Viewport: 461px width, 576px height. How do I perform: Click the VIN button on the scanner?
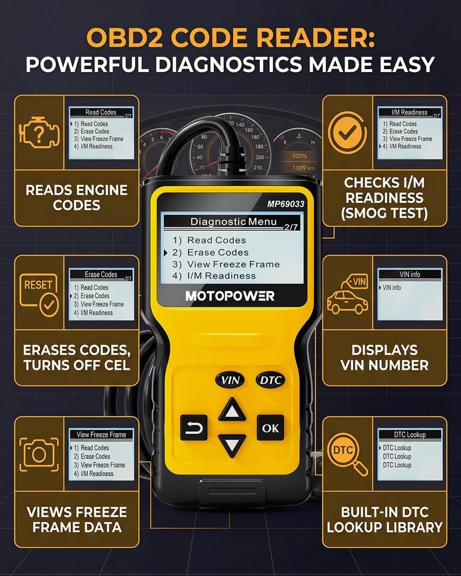pyautogui.click(x=231, y=380)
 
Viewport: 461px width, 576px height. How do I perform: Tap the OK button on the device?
pyautogui.click(x=270, y=428)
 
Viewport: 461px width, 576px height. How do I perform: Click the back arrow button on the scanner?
pyautogui.click(x=194, y=428)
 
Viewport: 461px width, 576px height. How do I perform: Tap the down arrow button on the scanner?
pyautogui.click(x=232, y=446)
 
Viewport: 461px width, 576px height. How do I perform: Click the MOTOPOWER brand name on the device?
pyautogui.click(x=230, y=296)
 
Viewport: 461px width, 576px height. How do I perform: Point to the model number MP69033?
pyautogui.click(x=286, y=203)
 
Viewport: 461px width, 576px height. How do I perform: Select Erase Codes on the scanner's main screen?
pyautogui.click(x=218, y=252)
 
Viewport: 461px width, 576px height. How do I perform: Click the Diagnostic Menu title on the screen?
pyautogui.click(x=233, y=222)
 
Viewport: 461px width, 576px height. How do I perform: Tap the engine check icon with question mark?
pyautogui.click(x=39, y=134)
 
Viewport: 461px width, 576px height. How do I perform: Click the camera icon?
pyautogui.click(x=39, y=453)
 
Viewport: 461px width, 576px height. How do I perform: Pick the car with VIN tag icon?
pyautogui.click(x=347, y=294)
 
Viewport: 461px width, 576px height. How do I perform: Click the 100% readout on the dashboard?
pyautogui.click(x=299, y=156)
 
